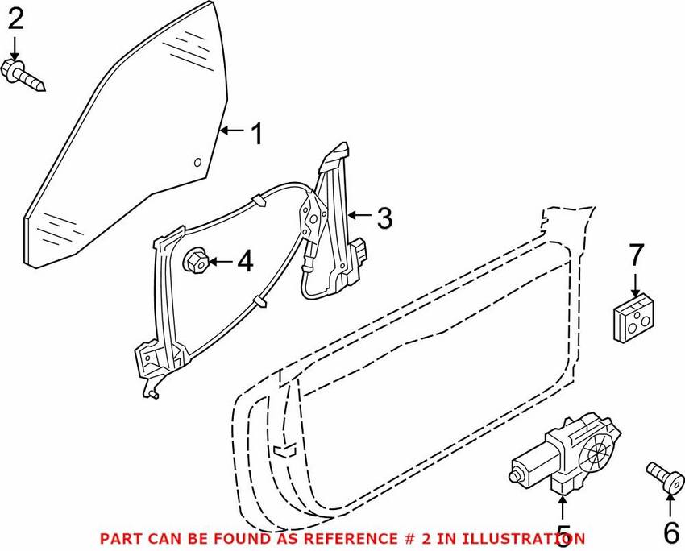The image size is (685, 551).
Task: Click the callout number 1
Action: [256, 133]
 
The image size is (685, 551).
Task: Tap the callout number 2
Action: [15, 19]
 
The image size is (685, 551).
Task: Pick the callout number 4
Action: [243, 261]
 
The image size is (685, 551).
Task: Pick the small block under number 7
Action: [634, 317]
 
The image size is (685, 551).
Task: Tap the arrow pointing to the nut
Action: [221, 261]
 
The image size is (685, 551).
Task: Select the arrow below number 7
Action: [636, 284]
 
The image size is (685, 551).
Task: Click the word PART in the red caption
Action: [115, 537]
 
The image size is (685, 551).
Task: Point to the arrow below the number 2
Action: [15, 47]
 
